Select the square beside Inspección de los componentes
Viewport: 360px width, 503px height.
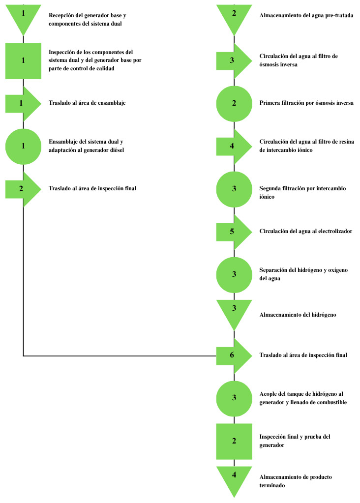24,61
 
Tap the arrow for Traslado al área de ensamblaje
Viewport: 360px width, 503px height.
24,104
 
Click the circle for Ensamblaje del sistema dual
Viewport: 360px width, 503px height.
24,147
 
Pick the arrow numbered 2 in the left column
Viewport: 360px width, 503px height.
24,189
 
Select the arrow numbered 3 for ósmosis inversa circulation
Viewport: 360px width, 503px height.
234,61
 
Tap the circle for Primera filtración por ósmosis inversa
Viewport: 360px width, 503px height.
234,104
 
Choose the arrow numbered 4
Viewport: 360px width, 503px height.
234,147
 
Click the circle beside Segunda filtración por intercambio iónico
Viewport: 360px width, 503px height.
234,189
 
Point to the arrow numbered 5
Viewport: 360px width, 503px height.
234,232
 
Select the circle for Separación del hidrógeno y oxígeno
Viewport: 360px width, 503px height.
234,275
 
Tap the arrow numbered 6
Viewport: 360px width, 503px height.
234,356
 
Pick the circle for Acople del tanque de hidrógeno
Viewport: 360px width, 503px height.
234,399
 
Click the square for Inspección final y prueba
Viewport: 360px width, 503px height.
234,442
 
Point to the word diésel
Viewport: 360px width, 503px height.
117,150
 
